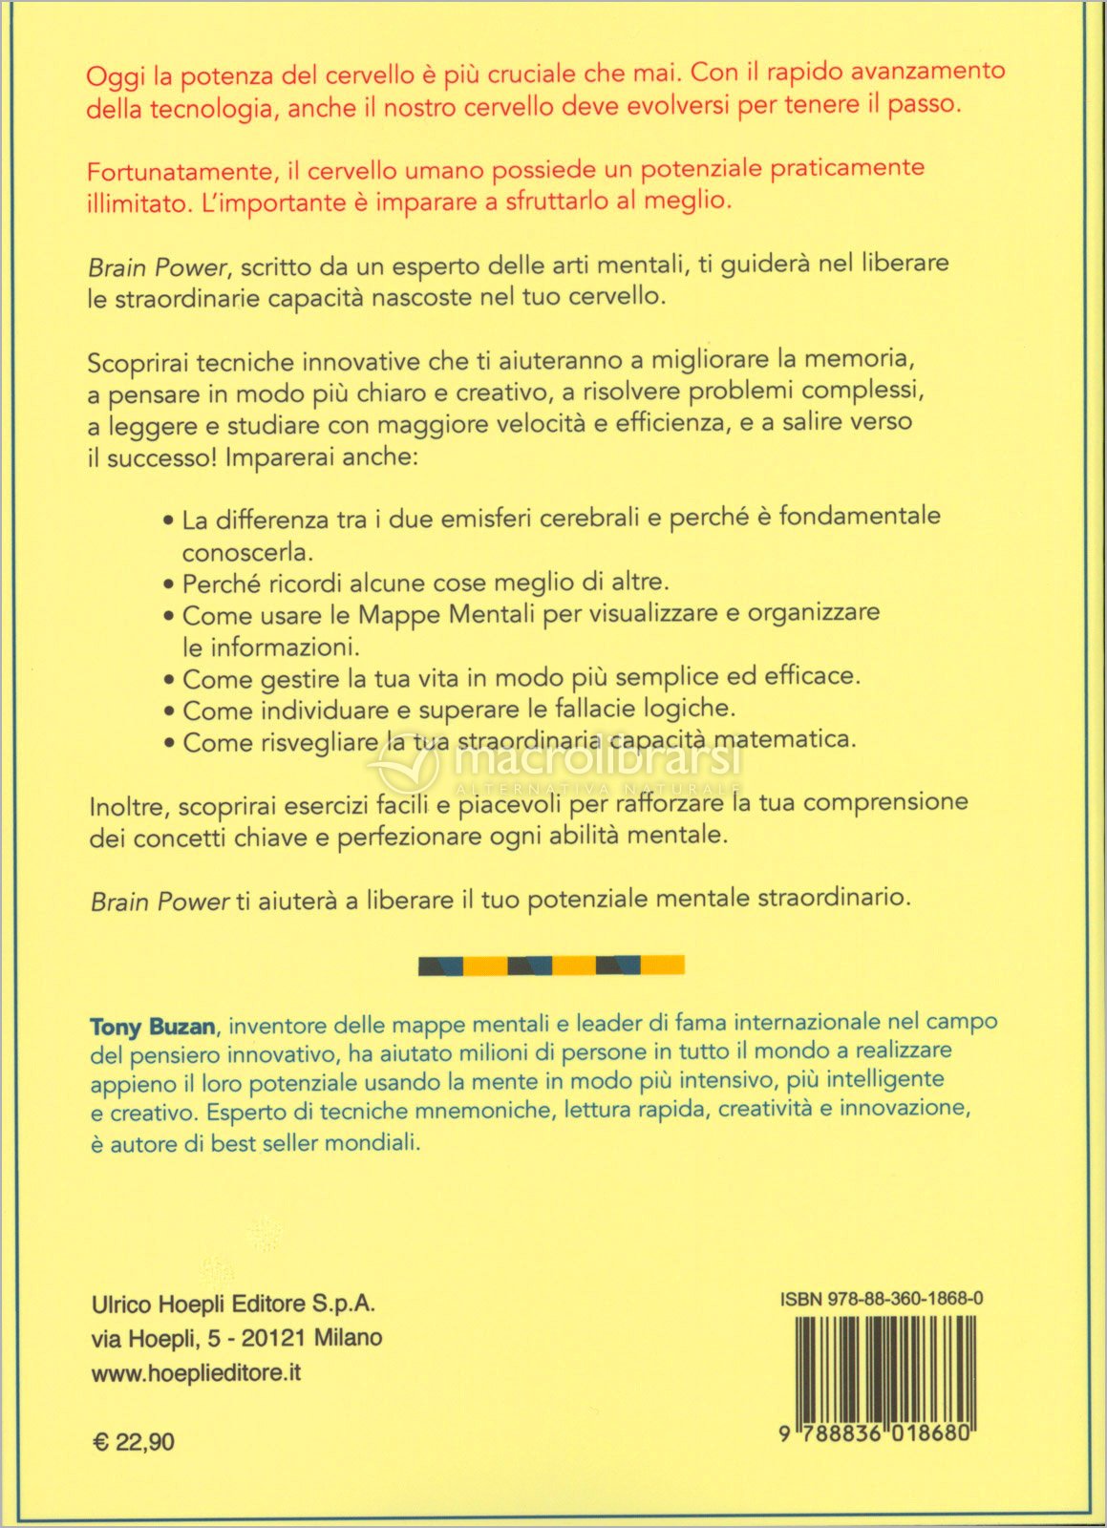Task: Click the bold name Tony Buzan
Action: click(153, 1027)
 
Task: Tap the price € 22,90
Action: click(134, 1441)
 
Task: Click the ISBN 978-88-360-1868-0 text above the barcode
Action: click(882, 1299)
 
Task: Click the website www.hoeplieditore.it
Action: click(196, 1372)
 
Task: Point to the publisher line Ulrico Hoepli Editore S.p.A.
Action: click(233, 1304)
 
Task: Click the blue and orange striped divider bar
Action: click(551, 966)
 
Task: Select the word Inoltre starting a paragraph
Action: click(129, 807)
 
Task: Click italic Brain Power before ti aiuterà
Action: click(160, 901)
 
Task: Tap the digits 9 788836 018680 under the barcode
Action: click(876, 1433)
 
